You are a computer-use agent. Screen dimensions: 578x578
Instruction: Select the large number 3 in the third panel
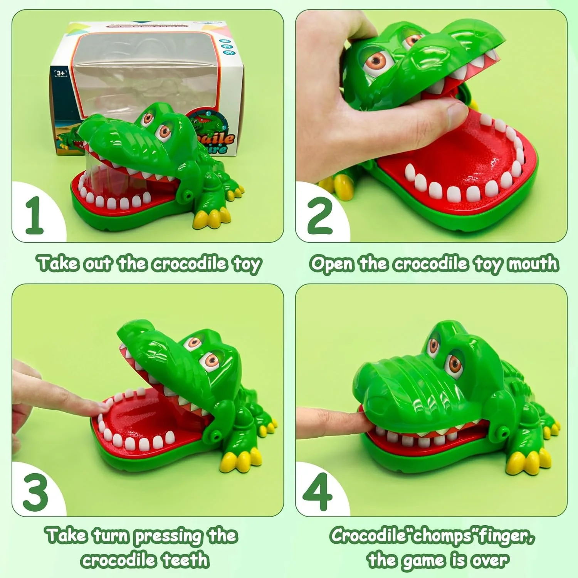35,492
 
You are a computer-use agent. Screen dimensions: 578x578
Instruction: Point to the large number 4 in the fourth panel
318,492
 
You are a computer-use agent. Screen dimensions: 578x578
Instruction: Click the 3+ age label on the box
60,74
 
